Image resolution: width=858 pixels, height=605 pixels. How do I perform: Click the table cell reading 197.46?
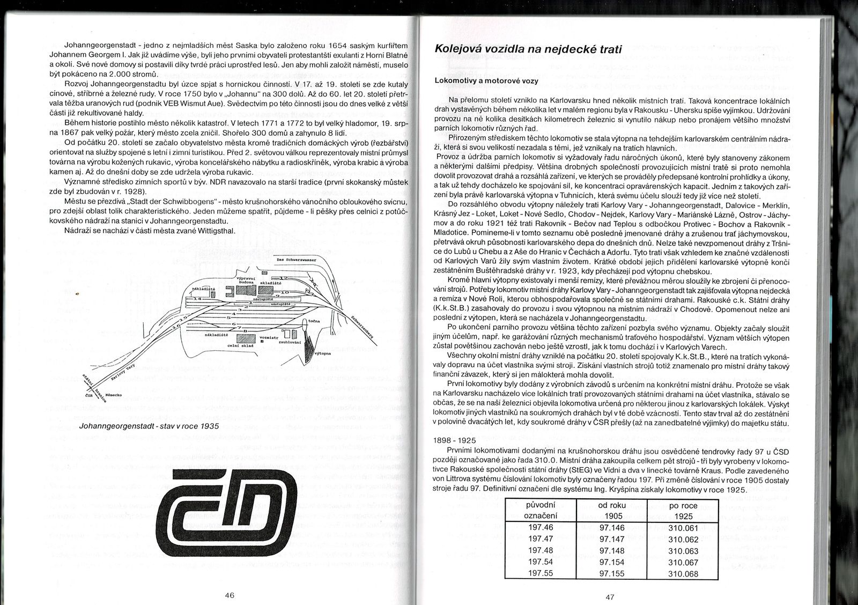[541, 528]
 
